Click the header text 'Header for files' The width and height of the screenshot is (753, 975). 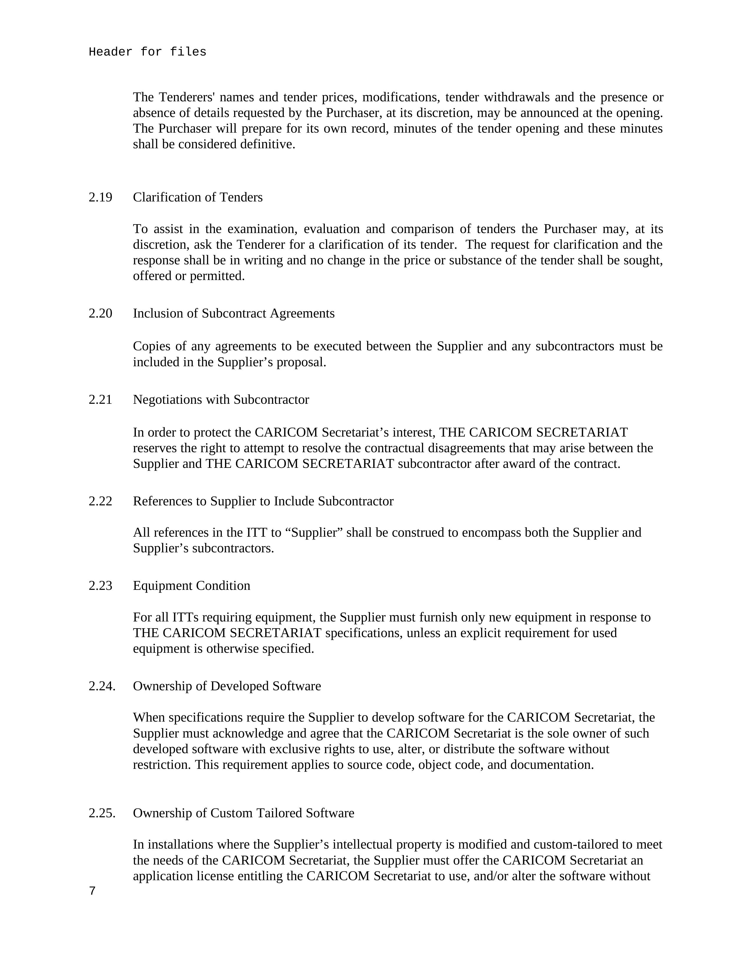147,52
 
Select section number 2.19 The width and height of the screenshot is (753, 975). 100,197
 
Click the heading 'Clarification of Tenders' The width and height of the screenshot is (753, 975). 198,197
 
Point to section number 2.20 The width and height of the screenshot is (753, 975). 100,313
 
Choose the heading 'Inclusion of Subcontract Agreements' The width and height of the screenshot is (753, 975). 234,313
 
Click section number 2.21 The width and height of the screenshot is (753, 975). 100,400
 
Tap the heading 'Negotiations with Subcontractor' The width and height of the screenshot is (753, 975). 221,400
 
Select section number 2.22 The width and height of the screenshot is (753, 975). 100,501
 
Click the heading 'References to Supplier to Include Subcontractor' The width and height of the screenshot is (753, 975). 263,501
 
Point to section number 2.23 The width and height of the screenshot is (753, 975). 100,586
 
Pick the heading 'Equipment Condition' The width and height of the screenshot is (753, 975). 191,586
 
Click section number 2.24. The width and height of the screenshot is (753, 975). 102,686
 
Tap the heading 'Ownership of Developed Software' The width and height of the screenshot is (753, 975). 227,686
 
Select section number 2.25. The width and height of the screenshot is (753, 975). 102,813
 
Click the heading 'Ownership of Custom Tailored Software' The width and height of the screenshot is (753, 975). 243,813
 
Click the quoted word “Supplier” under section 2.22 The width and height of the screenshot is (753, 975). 314,533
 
